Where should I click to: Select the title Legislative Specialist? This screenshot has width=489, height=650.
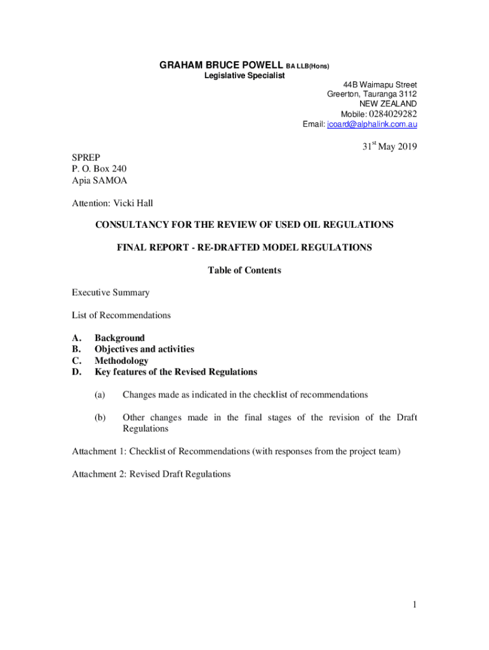[245, 76]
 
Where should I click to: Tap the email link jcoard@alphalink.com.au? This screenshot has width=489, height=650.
[372, 124]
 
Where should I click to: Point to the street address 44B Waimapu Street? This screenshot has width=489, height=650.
[380, 84]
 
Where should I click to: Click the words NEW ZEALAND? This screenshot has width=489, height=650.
[388, 103]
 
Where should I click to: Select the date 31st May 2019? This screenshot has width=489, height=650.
[389, 147]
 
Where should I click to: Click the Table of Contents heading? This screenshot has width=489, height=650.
[245, 270]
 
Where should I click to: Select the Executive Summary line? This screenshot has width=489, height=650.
[111, 293]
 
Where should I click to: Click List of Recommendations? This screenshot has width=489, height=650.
[121, 315]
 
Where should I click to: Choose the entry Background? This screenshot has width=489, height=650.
[119, 338]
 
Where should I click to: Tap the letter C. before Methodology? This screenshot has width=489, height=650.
[76, 361]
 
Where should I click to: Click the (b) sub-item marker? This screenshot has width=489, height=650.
[100, 418]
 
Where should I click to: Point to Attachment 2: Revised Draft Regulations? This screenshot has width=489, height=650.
[151, 474]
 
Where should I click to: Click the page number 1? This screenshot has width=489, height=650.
[414, 606]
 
